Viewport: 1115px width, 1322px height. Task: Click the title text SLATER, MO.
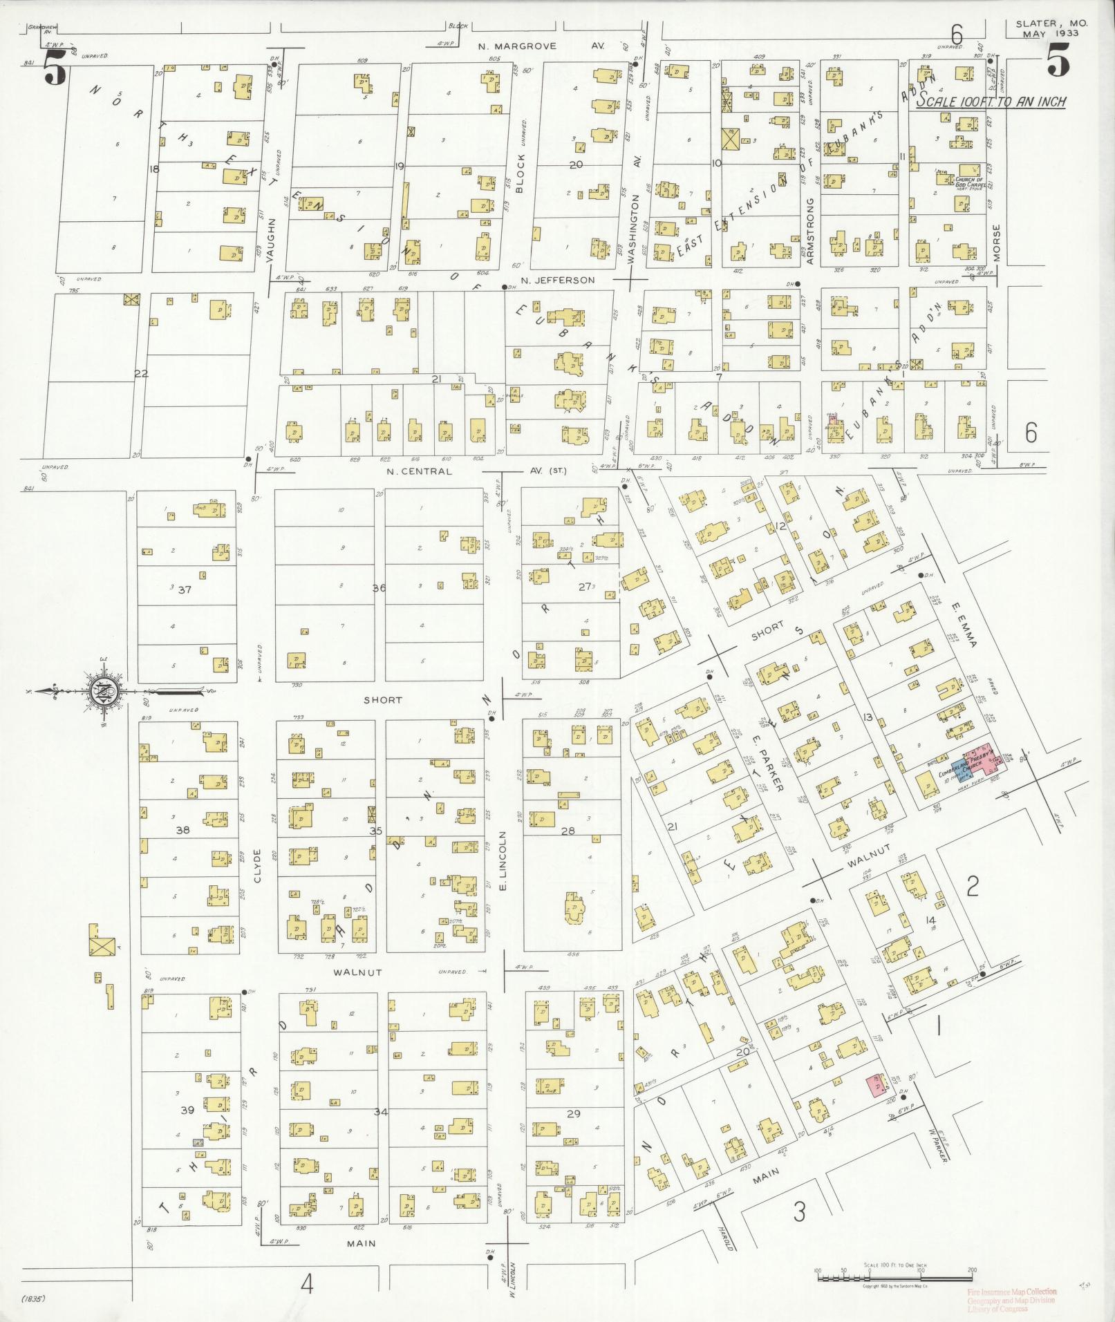coord(1051,23)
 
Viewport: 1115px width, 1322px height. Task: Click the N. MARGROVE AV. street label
coord(541,46)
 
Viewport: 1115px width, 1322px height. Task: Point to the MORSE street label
coord(996,242)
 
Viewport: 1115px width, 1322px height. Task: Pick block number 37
coord(184,589)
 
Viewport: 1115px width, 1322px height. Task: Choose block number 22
coord(141,374)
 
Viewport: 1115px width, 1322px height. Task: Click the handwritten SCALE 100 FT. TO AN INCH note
coord(991,102)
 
